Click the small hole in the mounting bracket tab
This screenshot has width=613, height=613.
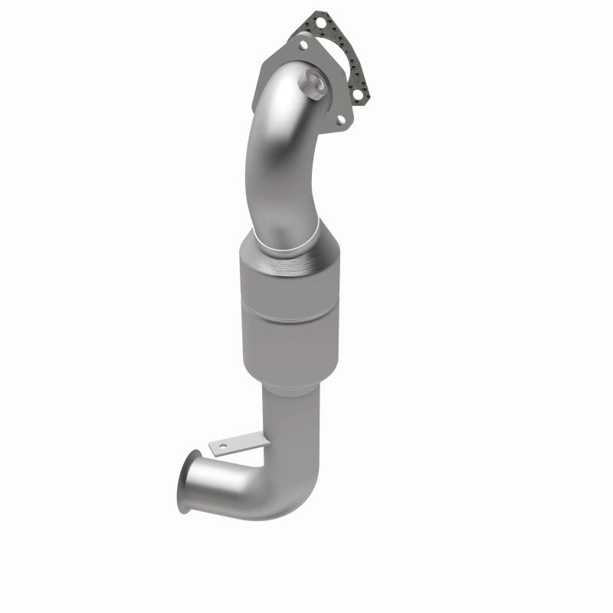point(222,445)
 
